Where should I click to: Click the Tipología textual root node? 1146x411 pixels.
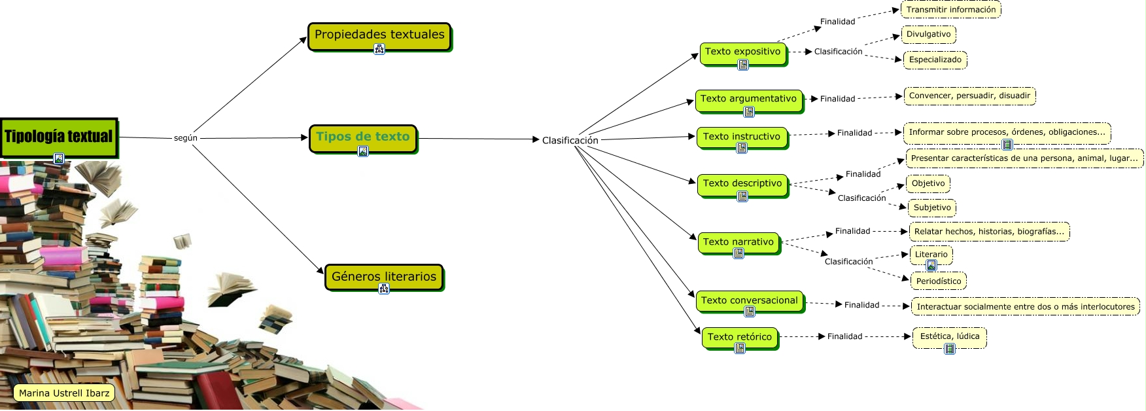59,137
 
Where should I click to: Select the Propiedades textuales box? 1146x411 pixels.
379,35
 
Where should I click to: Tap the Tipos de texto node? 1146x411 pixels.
362,137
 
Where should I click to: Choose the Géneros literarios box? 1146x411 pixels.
384,276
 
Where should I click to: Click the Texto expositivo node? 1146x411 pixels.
743,52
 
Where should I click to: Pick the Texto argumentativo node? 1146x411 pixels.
748,99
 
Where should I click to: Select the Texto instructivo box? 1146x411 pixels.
742,137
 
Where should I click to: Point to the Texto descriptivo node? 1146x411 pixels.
742,184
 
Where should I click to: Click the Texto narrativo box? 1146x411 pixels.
738,242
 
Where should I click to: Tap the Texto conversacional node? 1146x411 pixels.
750,301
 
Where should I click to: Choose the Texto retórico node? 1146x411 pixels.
740,337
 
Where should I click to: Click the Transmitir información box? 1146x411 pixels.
951,10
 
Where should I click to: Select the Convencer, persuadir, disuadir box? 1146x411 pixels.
969,96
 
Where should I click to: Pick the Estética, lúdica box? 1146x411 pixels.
950,336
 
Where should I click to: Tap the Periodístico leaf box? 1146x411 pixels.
939,281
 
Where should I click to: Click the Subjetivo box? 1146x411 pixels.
932,207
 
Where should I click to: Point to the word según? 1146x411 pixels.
186,138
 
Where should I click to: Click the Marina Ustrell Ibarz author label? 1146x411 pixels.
64,393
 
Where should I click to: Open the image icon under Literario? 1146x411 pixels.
931,265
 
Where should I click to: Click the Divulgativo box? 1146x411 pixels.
929,34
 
